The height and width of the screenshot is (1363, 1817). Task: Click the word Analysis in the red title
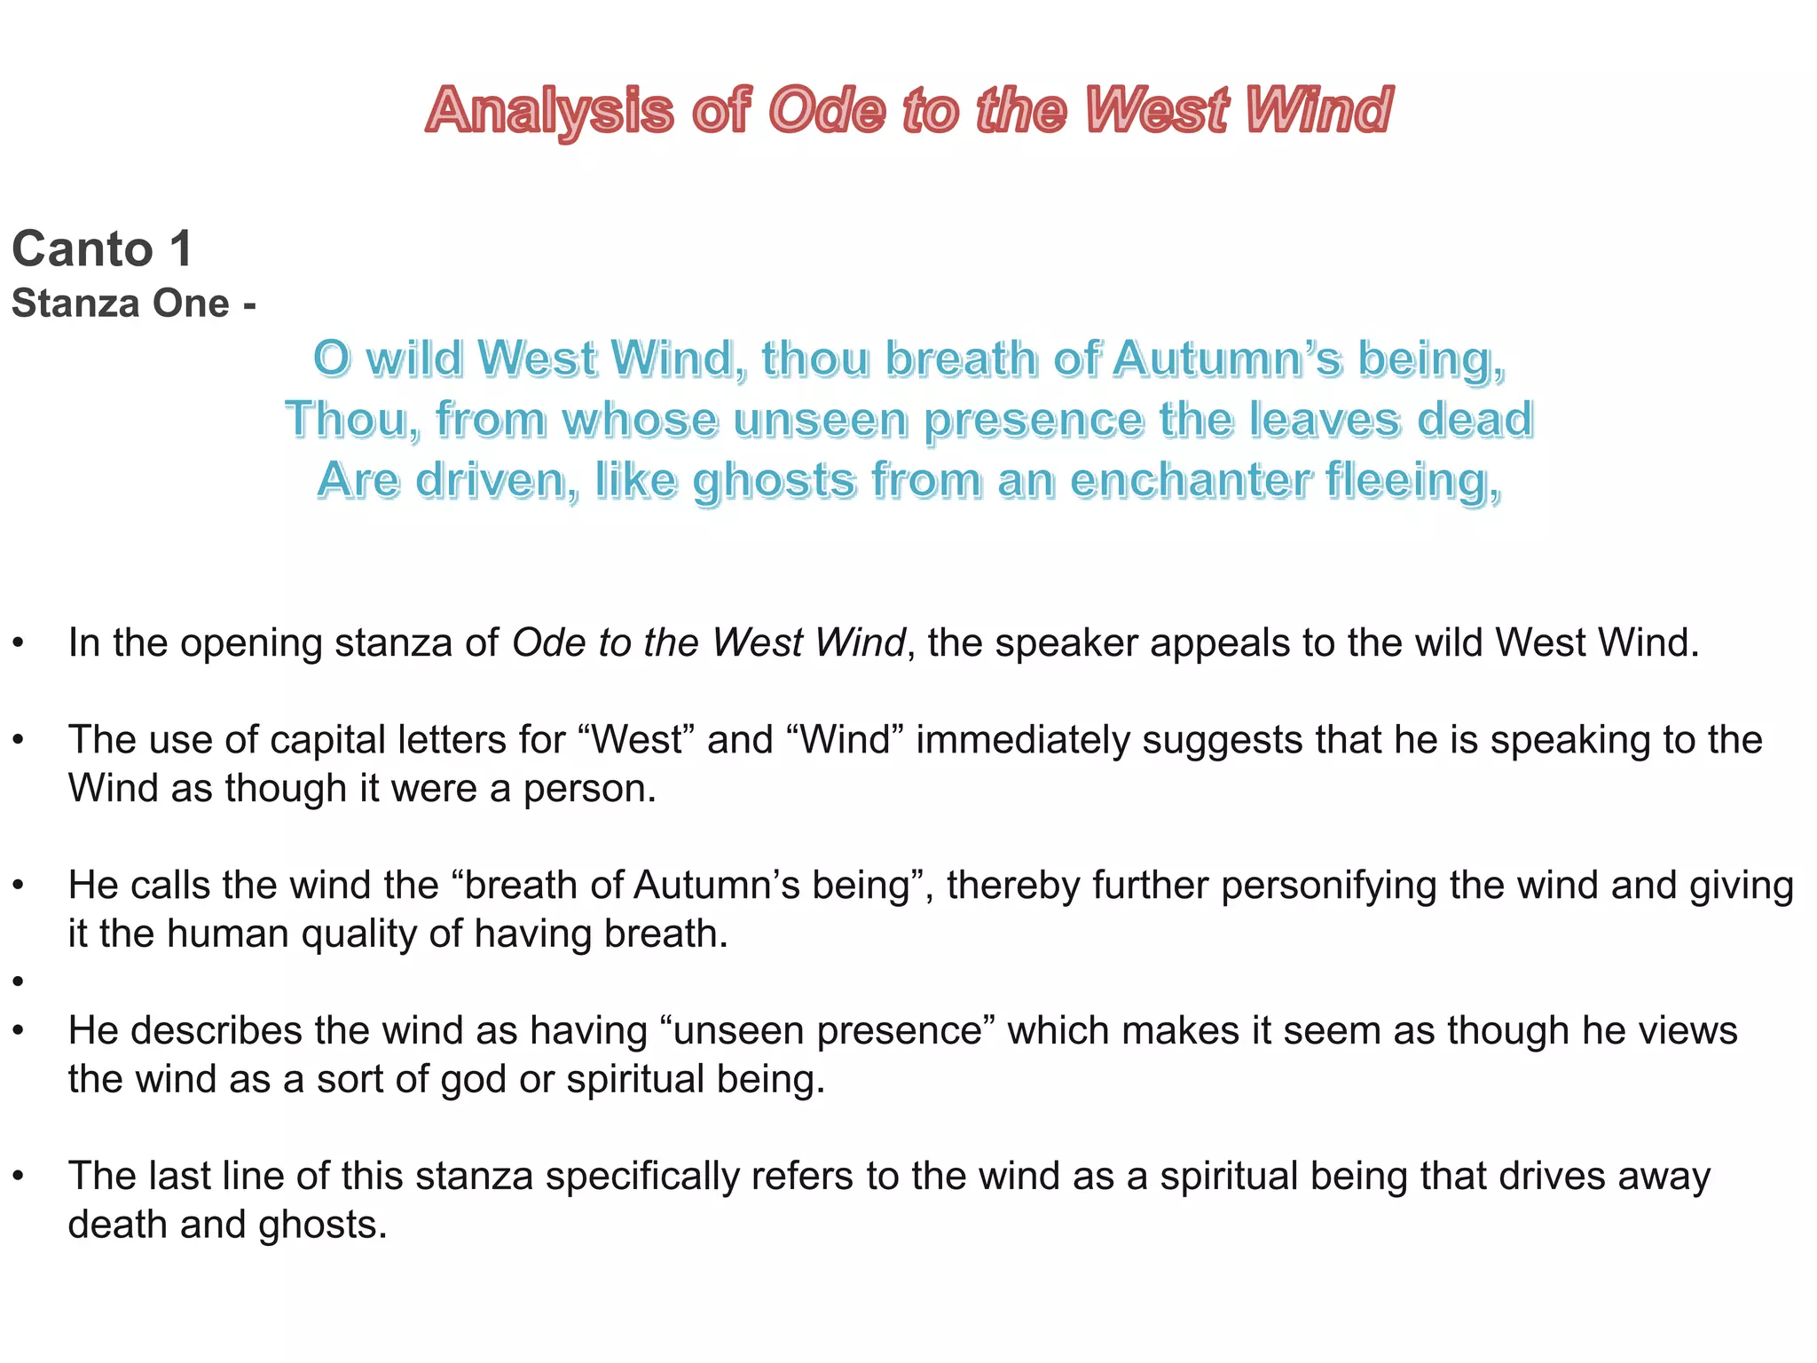pyautogui.click(x=550, y=112)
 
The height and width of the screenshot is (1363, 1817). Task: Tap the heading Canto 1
pyautogui.click(x=102, y=248)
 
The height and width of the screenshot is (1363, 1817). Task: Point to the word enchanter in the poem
pyautogui.click(x=1191, y=480)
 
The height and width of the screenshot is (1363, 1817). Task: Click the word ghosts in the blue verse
pyautogui.click(x=774, y=482)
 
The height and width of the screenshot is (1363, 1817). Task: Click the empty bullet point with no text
pyautogui.click(x=18, y=981)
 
